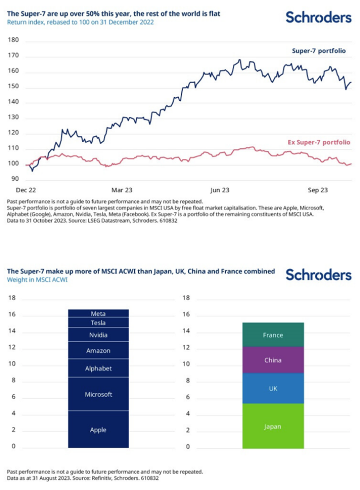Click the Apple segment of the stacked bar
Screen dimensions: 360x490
tap(98, 429)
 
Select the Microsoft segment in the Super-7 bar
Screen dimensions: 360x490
tap(98, 394)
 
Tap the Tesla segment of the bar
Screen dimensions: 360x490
tap(98, 323)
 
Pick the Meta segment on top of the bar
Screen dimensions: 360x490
tap(98, 313)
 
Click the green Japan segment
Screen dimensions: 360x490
tap(273, 426)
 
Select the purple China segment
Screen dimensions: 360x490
tap(273, 360)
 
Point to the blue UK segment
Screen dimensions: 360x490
tap(273, 388)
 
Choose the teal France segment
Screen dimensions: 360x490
tap(273, 334)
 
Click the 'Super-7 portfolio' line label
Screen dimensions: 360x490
tap(319, 51)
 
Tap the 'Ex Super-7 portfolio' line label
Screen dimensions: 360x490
tap(319, 142)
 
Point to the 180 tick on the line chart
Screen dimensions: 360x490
tap(13, 40)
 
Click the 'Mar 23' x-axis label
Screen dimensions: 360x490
tap(122, 190)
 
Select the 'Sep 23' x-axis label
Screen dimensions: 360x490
tap(318, 190)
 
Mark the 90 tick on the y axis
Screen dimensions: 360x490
tap(15, 179)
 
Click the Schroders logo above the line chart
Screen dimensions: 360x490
tap(318, 17)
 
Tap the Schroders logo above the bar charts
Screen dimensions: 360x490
tap(318, 275)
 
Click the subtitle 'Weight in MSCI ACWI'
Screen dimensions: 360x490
tap(37, 279)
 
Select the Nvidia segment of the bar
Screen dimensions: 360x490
tap(98, 334)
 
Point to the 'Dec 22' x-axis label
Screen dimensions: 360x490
tap(26, 190)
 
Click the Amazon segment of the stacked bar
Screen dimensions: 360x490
tap(98, 350)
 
